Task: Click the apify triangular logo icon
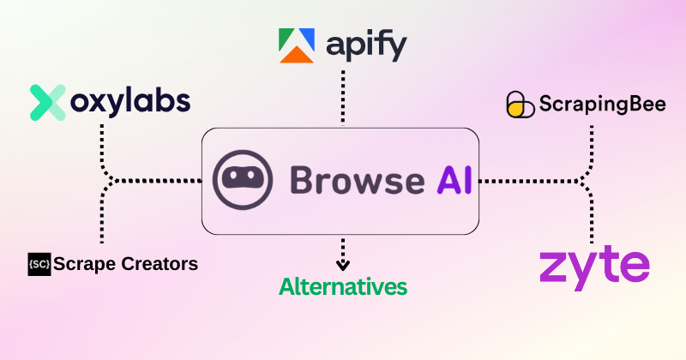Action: click(297, 45)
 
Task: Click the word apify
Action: click(366, 46)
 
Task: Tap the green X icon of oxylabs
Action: click(47, 102)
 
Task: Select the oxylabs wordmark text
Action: click(129, 102)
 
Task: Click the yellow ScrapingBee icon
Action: click(520, 105)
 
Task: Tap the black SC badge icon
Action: click(39, 264)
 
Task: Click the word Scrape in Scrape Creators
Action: click(83, 264)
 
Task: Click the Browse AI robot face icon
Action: click(244, 181)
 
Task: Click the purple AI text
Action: click(448, 181)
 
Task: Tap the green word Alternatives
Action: click(343, 285)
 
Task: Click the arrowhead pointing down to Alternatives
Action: click(343, 266)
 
